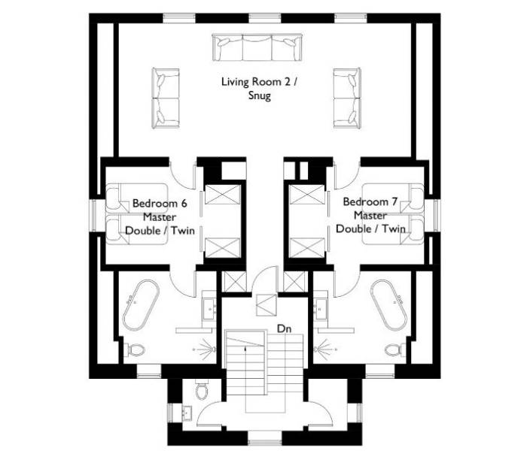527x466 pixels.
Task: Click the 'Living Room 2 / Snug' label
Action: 259,89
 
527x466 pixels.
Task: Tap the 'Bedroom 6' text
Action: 160,203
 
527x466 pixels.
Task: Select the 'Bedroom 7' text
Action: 370,201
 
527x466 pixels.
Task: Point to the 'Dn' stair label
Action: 284,328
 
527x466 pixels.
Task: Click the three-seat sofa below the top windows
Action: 257,47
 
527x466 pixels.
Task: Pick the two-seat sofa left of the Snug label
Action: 166,98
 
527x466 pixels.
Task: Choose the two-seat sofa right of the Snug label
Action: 347,98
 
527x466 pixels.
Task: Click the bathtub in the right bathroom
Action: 389,305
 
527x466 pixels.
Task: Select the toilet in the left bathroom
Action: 135,350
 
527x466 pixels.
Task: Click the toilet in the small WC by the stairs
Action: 202,390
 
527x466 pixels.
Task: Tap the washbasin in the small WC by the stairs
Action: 187,413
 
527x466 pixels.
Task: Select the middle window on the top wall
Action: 264,18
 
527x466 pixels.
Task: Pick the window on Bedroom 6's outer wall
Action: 93,216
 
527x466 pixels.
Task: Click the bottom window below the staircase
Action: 264,442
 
